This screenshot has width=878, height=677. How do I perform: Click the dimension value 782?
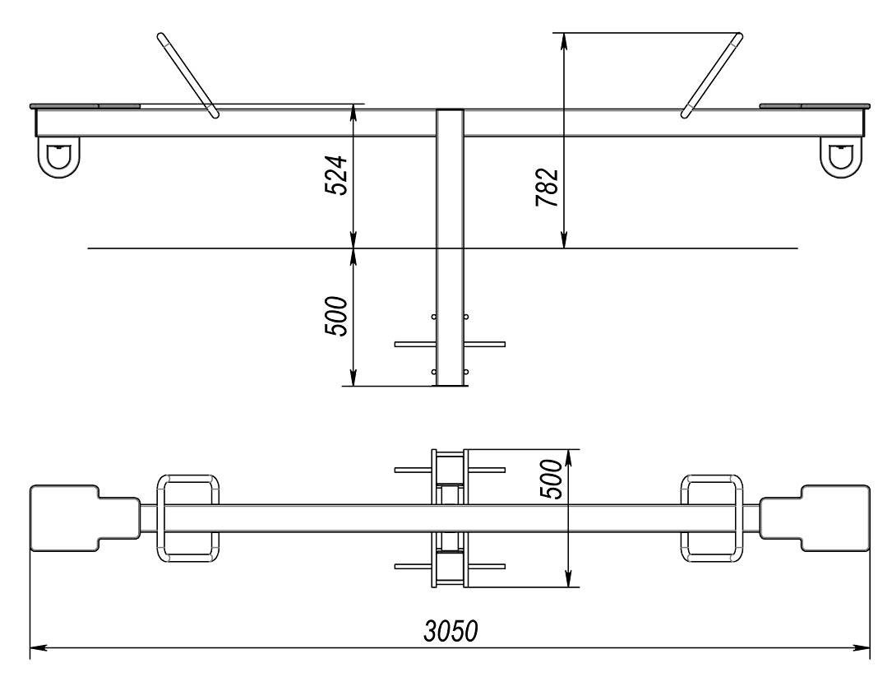547,188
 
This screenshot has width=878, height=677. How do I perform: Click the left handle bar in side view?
188,75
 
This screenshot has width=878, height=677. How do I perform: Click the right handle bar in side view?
713,75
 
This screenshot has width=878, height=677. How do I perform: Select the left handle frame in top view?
190,518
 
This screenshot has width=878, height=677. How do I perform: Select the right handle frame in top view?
713,518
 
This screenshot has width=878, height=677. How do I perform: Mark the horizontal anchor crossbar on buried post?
450,345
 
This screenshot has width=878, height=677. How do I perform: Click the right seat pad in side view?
814,106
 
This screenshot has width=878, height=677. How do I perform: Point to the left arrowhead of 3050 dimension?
35,647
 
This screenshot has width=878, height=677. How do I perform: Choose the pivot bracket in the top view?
450,518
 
